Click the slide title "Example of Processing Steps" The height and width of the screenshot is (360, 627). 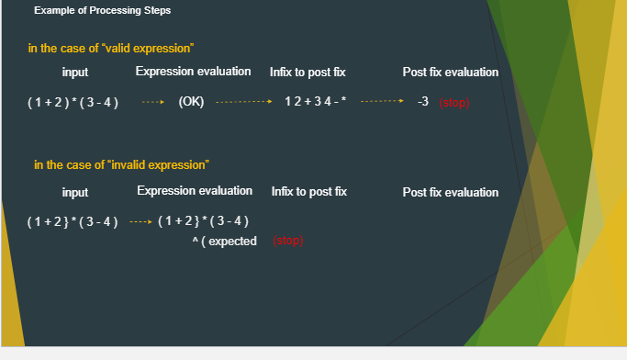102,11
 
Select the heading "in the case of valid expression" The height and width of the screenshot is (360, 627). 111,48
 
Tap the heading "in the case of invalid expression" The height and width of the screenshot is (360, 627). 121,165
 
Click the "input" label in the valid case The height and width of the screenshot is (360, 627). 75,73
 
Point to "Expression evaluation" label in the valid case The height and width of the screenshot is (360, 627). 193,72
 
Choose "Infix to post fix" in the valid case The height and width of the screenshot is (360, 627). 308,73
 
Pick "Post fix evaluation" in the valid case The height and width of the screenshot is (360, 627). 451,73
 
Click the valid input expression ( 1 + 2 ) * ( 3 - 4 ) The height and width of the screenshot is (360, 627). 73,102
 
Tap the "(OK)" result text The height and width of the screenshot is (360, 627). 191,102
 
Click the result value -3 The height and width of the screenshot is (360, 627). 423,102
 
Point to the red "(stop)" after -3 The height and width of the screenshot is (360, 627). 454,103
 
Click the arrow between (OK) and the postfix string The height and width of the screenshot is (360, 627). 244,103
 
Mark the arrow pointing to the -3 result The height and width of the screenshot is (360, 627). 381,103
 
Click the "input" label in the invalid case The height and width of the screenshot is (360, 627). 75,193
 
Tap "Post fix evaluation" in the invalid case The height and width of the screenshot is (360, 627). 451,193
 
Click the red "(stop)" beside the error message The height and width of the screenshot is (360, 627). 287,242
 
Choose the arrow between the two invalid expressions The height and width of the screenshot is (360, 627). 139,222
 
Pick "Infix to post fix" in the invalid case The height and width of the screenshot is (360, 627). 309,192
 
